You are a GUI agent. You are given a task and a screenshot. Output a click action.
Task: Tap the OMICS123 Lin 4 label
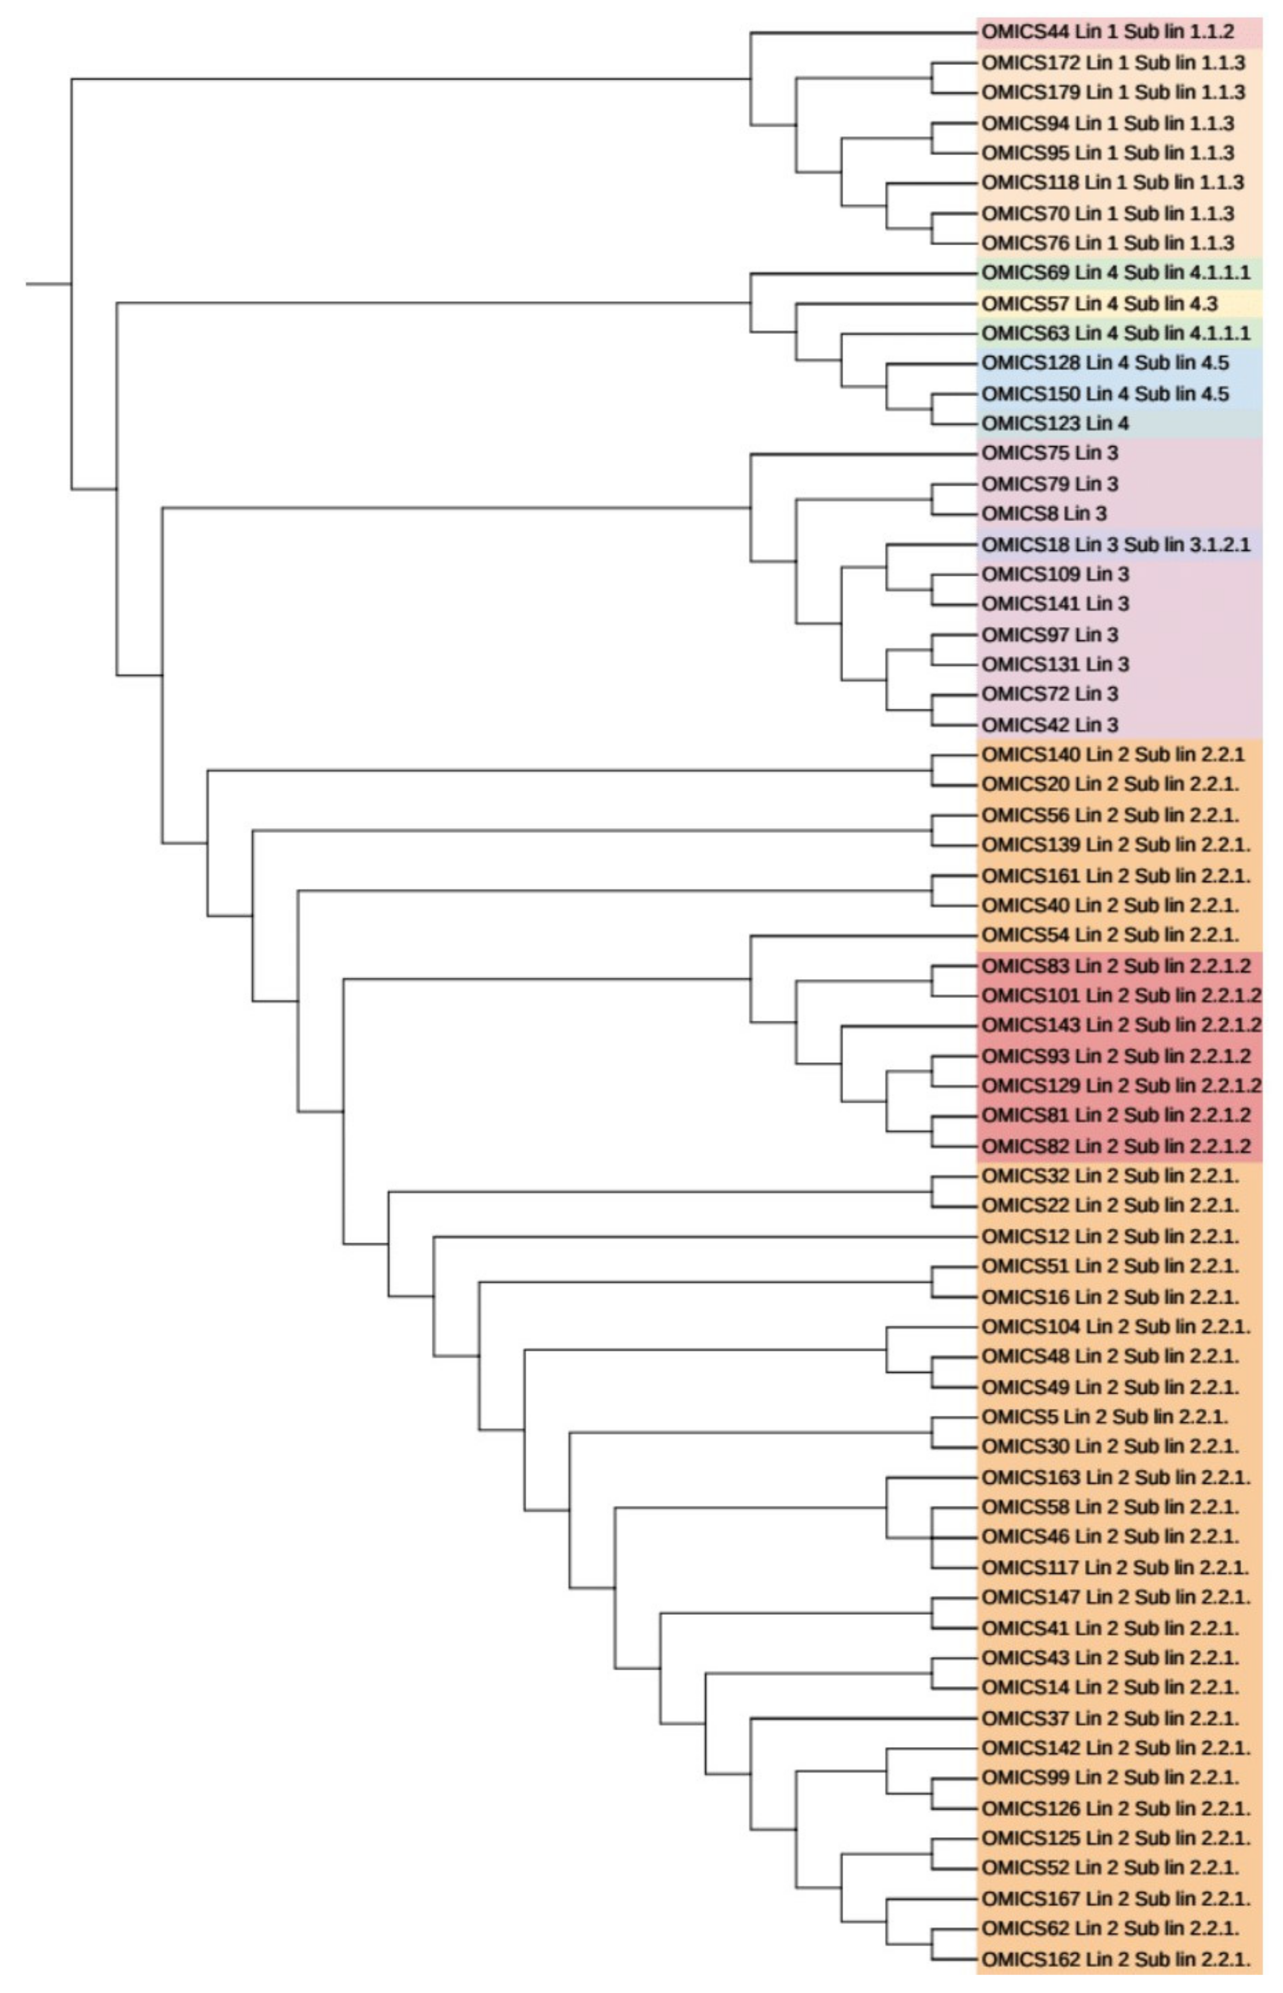1055,423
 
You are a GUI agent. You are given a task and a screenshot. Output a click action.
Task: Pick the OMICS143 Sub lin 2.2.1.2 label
1120,1025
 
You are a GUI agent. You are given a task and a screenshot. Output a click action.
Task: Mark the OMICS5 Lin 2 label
1104,1416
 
